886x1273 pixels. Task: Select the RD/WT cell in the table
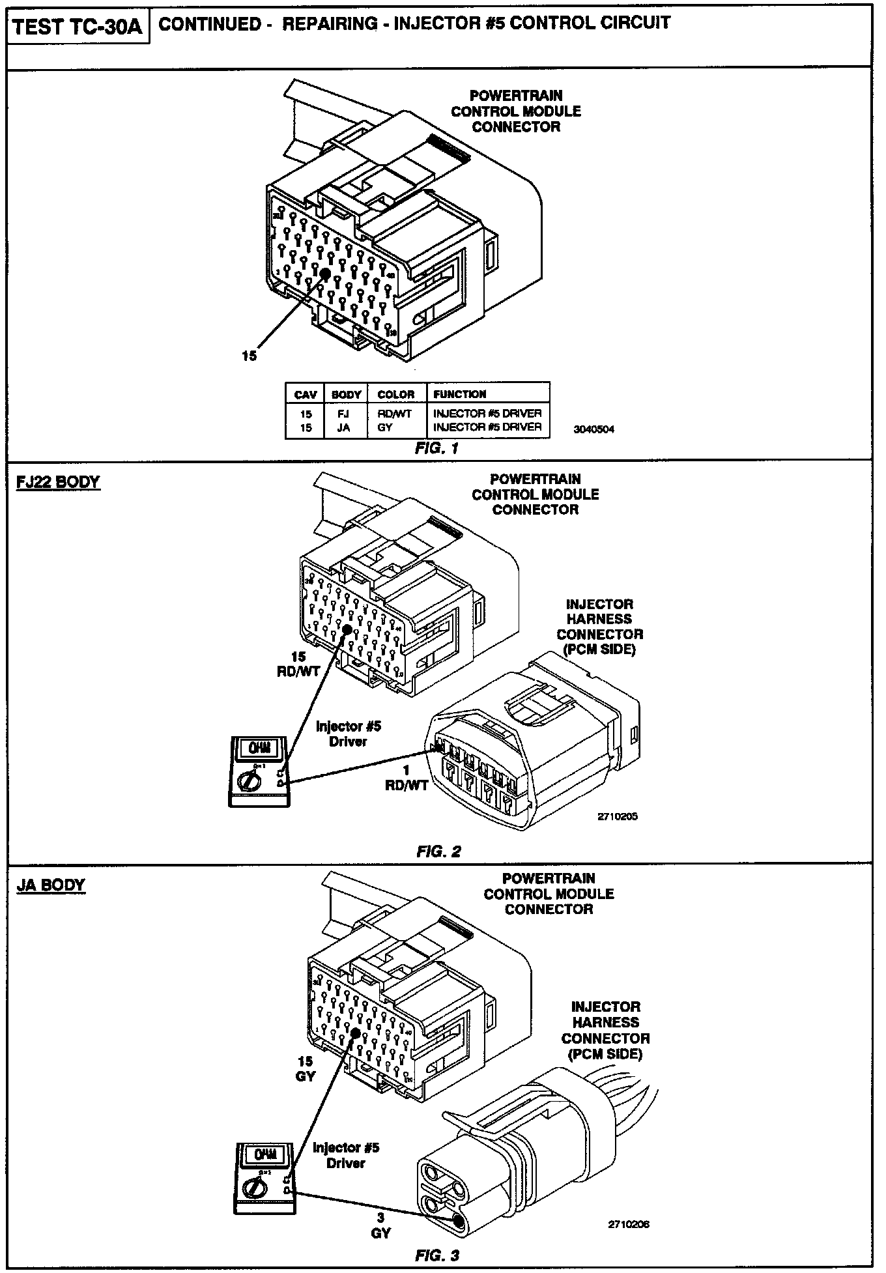395,413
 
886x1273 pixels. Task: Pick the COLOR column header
395,394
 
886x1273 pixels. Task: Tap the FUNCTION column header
460,394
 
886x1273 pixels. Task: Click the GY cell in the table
385,427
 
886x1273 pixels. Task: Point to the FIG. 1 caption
437,448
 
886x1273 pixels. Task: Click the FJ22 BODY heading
58,483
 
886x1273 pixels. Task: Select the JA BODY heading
50,885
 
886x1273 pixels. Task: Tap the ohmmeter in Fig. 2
259,771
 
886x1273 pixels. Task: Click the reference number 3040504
593,429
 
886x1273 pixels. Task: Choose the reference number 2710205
617,816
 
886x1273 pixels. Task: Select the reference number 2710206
629,1225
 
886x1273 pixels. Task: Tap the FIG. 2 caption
439,851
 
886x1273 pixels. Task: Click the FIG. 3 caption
437,1255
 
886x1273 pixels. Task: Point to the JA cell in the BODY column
344,427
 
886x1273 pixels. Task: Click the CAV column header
305,394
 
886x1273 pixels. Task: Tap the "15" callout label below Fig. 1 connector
249,356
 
